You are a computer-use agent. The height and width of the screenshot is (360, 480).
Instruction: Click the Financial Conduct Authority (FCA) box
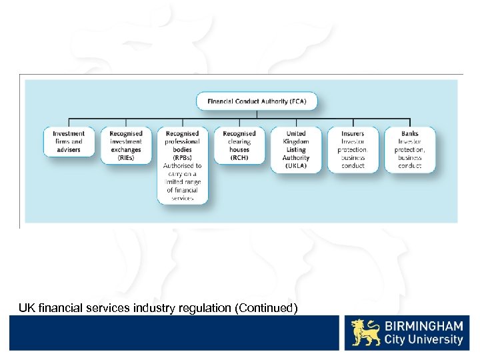pyautogui.click(x=257, y=101)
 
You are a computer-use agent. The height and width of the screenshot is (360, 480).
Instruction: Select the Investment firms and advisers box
pyautogui.click(x=69, y=141)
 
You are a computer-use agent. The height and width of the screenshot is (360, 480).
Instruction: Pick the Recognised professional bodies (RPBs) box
pyautogui.click(x=183, y=164)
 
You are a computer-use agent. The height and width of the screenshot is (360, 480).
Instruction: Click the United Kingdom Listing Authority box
pyautogui.click(x=296, y=149)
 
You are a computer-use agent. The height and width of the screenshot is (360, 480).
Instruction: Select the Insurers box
pyautogui.click(x=353, y=149)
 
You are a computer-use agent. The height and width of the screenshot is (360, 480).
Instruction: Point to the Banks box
pyautogui.click(x=410, y=149)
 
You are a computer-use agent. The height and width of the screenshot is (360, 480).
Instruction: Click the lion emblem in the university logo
pyautogui.click(x=367, y=332)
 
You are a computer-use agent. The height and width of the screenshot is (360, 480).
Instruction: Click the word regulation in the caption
pyautogui.click(x=194, y=308)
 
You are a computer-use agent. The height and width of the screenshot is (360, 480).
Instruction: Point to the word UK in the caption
pyautogui.click(x=26, y=308)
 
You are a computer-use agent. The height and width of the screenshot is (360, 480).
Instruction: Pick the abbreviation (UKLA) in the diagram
pyautogui.click(x=296, y=166)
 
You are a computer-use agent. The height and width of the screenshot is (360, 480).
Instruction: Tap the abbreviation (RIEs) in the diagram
pyautogui.click(x=126, y=158)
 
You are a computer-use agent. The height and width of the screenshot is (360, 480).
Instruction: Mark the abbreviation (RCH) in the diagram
pyautogui.click(x=239, y=158)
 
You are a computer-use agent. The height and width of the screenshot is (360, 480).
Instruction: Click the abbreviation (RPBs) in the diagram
pyautogui.click(x=183, y=158)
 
